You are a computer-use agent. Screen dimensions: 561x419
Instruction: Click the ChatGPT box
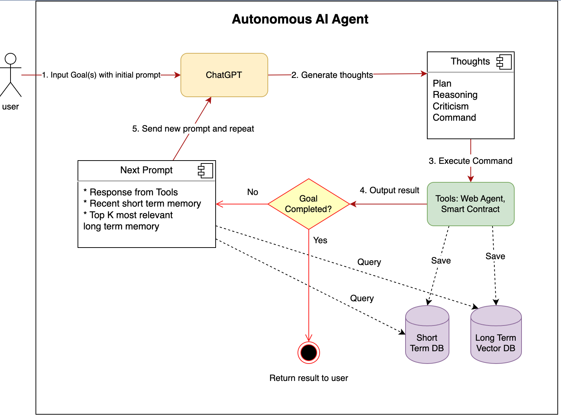224,75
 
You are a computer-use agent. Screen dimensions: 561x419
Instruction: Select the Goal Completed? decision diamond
308,204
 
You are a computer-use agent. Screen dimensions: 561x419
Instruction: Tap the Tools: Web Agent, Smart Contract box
470,204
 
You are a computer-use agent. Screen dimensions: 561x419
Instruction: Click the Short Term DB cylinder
427,335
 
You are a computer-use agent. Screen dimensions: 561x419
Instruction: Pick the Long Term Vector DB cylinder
496,335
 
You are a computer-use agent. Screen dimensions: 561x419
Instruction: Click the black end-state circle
308,353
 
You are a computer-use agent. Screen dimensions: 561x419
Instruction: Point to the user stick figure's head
11,59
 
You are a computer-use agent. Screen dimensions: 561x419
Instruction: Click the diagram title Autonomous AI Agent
300,19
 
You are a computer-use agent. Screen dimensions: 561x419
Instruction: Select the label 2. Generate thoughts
332,75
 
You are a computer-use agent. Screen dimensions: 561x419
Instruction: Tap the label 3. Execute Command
470,161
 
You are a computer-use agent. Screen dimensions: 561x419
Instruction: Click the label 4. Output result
389,190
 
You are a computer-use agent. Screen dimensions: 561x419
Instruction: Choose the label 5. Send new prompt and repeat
193,129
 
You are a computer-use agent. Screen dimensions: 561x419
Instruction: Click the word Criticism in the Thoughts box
450,106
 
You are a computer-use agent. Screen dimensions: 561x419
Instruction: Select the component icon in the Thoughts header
504,62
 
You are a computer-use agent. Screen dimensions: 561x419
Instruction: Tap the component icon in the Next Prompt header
205,170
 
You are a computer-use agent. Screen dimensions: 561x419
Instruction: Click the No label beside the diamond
253,192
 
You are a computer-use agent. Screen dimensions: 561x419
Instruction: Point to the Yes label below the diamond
320,240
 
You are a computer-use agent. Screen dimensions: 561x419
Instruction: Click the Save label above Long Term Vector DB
495,256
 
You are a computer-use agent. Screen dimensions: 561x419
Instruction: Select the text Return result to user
308,378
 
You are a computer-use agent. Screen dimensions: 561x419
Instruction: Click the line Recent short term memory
142,203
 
